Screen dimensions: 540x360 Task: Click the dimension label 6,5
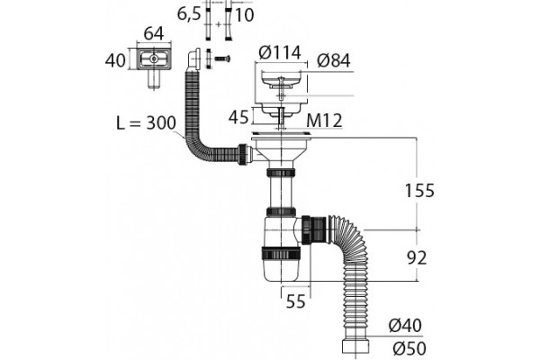tap(189, 14)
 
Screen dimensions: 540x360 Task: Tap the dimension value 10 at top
tap(244, 14)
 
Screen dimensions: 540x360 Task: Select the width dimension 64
tap(154, 33)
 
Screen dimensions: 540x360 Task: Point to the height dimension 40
tap(115, 60)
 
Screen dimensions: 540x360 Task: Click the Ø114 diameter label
tap(280, 53)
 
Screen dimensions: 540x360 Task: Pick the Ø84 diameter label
tap(334, 60)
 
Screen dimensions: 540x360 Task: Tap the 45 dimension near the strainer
tap(238, 117)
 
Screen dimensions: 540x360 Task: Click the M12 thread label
tap(324, 121)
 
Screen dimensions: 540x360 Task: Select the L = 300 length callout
tap(147, 122)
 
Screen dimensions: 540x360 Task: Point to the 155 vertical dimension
tap(419, 191)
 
